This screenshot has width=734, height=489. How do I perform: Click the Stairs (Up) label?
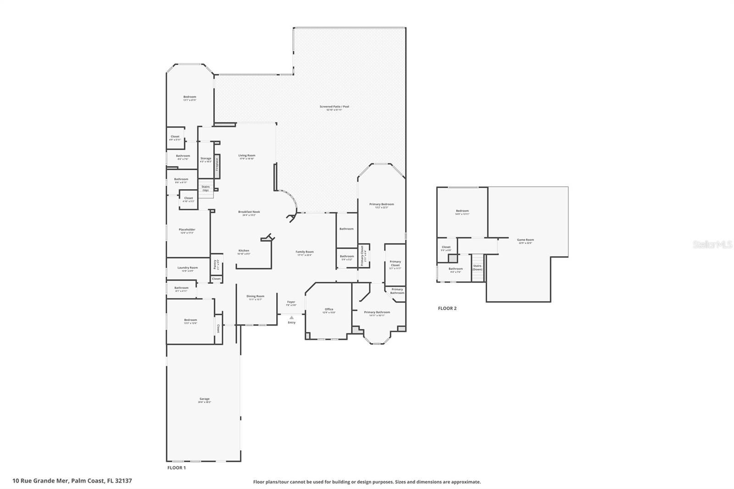pyautogui.click(x=206, y=188)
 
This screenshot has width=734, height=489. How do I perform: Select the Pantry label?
pyautogui.click(x=215, y=265)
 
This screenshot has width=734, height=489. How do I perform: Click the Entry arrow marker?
pyautogui.click(x=291, y=317)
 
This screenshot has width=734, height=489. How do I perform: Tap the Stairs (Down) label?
pyautogui.click(x=477, y=267)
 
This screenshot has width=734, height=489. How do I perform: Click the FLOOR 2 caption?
pyautogui.click(x=447, y=308)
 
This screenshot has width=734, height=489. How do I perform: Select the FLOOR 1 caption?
pyautogui.click(x=176, y=468)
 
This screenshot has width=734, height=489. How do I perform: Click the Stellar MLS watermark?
pyautogui.click(x=712, y=245)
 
